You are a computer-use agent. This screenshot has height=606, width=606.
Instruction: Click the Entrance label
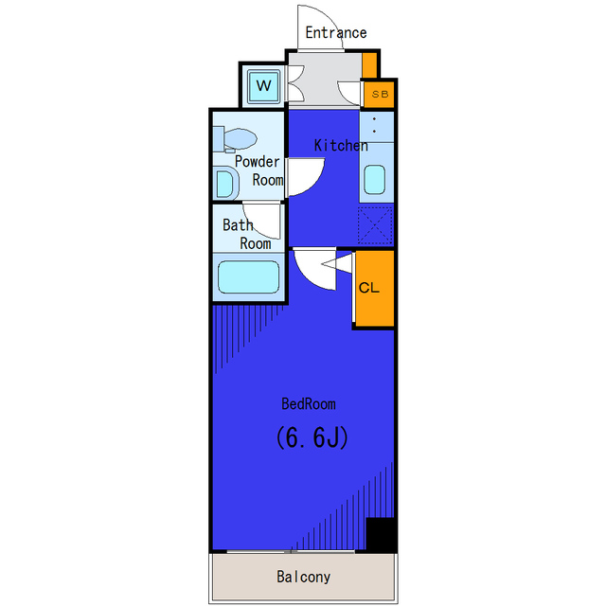tap(336, 33)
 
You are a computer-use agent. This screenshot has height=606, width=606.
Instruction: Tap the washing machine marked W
tap(263, 86)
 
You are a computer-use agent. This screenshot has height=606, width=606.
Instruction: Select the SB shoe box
tap(379, 94)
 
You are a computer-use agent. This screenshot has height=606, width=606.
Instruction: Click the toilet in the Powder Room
tap(235, 139)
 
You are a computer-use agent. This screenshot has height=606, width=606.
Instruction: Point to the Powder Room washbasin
tap(225, 184)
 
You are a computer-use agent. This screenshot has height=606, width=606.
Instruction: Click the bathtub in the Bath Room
tap(248, 276)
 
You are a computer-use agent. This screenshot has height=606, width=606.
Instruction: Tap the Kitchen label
tap(341, 145)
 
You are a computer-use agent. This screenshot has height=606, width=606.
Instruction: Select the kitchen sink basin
tap(375, 179)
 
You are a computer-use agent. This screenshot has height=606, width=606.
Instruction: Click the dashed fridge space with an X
tap(375, 225)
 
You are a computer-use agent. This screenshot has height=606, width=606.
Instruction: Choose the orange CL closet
tap(375, 288)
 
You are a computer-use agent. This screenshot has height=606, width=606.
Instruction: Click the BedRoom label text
tap(309, 404)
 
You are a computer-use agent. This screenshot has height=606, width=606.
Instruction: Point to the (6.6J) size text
tap(312, 437)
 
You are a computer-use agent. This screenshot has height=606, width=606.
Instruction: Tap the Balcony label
tap(303, 577)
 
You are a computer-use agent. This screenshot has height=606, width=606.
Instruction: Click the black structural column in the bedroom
tap(381, 534)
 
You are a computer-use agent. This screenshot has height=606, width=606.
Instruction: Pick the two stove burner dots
tap(374, 125)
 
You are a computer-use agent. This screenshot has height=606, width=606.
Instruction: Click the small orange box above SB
tap(369, 65)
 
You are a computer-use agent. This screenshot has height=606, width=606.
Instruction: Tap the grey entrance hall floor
tap(325, 80)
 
